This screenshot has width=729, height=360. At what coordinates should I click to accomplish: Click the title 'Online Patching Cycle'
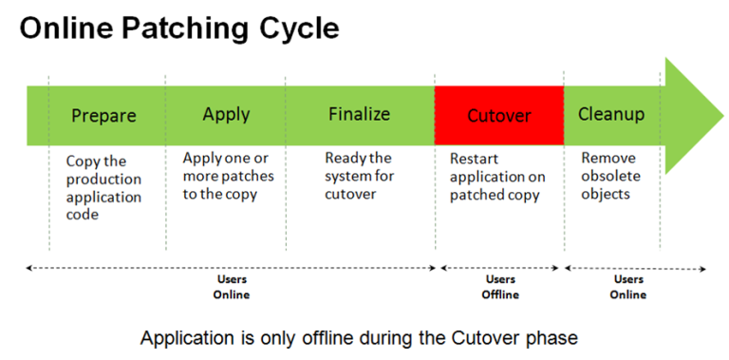point(179,29)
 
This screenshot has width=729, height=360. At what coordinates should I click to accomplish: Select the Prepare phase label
point(104,116)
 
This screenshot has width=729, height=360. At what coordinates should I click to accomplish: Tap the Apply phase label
point(226,114)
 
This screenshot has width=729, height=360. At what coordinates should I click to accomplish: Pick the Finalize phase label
point(359,114)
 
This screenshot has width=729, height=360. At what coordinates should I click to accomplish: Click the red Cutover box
point(499,116)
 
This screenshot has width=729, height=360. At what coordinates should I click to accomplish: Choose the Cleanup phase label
point(611,114)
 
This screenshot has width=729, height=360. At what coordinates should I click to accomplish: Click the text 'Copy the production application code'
point(104,188)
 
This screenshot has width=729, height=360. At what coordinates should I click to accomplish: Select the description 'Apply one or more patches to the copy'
point(228,176)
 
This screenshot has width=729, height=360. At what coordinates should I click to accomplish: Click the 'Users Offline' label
point(500,287)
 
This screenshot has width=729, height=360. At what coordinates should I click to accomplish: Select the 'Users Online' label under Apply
point(231,287)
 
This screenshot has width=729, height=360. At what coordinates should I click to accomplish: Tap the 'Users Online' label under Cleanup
point(628,287)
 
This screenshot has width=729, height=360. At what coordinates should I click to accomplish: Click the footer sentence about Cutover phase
point(359,337)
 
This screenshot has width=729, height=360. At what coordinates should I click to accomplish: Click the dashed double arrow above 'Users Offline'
point(500,269)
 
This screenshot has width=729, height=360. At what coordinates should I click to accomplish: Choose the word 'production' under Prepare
point(104,180)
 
